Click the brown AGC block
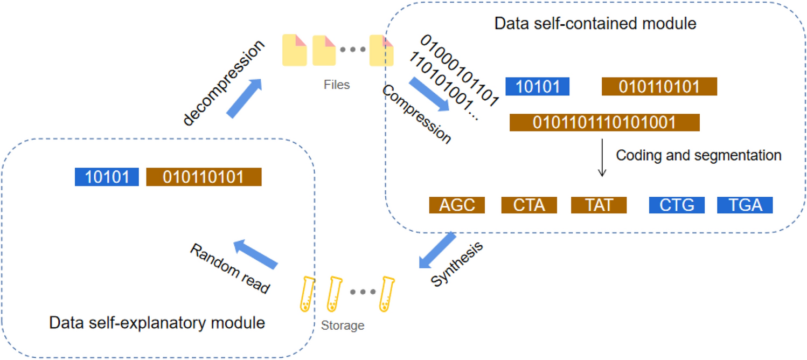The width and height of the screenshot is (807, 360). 457,205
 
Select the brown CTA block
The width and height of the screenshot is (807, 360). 529,205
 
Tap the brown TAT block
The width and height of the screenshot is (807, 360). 599,205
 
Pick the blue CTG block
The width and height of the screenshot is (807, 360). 676,205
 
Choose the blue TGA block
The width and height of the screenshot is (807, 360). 745,205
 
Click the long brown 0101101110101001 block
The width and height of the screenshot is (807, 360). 604,122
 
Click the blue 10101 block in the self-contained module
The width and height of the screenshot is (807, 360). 537,87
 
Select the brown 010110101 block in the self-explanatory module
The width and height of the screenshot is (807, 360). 204,177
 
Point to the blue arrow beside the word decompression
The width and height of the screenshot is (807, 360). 244,97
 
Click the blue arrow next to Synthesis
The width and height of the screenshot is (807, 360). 437,250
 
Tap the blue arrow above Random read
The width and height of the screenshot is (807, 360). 255,254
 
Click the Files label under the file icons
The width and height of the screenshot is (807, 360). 337,85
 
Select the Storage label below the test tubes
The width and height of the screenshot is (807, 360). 343,326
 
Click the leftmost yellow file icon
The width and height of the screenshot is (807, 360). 295,50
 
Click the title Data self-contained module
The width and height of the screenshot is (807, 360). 595,24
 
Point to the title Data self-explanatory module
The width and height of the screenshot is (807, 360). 157,323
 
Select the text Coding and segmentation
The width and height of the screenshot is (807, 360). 699,155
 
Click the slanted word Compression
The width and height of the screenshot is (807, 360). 416,115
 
